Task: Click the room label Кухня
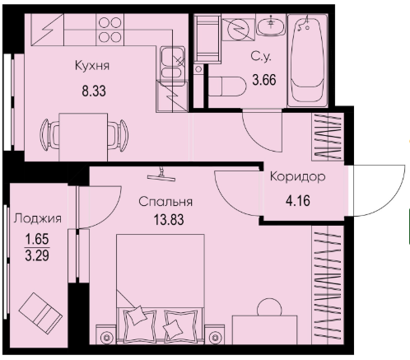click(x=92, y=66)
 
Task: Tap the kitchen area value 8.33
click(x=94, y=91)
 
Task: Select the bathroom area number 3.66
click(x=264, y=80)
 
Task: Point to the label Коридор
click(x=298, y=177)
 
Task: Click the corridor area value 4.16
click(x=298, y=201)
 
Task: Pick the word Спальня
click(x=165, y=202)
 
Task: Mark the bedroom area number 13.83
click(x=169, y=220)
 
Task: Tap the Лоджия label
click(x=38, y=219)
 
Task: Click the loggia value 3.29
click(x=37, y=255)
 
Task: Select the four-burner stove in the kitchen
click(x=109, y=30)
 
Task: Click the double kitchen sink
click(x=173, y=63)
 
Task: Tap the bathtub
click(x=308, y=61)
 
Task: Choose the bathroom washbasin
click(x=272, y=25)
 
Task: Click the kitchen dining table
click(x=83, y=137)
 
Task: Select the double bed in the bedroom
click(x=161, y=289)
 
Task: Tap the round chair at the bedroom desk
click(x=269, y=307)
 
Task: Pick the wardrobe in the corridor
click(x=328, y=137)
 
